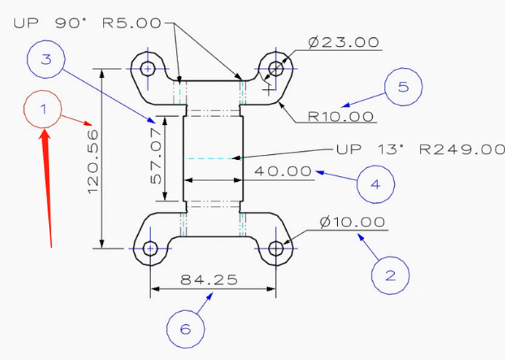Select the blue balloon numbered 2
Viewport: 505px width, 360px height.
390,275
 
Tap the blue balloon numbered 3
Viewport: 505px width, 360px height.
47,60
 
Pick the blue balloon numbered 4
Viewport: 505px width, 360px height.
376,184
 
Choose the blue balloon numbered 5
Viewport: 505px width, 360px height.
404,87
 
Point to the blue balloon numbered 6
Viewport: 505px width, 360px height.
185,329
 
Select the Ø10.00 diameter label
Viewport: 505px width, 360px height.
352,221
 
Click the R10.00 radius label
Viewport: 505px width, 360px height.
341,116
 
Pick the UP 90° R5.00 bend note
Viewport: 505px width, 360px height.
88,22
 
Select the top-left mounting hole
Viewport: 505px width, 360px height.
149,69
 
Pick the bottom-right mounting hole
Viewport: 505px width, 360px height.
276,248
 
